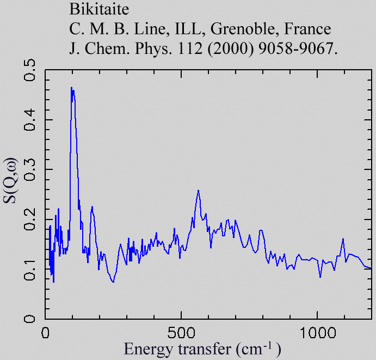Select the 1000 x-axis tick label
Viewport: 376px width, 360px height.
[x=317, y=332]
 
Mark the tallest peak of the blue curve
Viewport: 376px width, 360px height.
[x=71, y=87]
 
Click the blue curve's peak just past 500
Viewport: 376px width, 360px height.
[x=198, y=190]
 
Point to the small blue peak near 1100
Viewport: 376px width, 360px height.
[x=343, y=239]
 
